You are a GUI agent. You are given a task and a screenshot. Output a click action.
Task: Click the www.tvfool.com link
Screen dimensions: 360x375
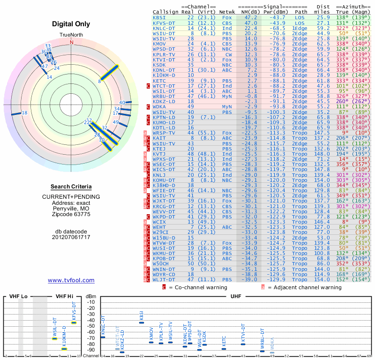[x=71, y=280]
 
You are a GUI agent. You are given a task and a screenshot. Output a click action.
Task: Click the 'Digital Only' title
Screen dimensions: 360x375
[x=71, y=24]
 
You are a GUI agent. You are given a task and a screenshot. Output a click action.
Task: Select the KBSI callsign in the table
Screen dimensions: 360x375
[x=159, y=17]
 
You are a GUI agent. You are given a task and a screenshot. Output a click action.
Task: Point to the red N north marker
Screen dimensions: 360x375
[x=72, y=42]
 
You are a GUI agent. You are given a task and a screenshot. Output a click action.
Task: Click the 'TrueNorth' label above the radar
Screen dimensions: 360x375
[x=72, y=36]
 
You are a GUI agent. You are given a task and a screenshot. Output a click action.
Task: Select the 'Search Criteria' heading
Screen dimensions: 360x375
[x=71, y=187]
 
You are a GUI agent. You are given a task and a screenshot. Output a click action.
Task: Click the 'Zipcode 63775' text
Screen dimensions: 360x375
[x=71, y=214]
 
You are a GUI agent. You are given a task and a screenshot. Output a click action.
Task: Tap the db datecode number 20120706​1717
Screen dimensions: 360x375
[x=71, y=237]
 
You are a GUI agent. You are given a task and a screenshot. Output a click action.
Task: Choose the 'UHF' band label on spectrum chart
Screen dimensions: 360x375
[x=236, y=296]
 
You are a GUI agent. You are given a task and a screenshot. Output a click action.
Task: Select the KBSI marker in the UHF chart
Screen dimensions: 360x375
[x=142, y=322]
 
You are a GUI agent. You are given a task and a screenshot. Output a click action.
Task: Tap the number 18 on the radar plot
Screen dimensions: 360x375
[x=25, y=113]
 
